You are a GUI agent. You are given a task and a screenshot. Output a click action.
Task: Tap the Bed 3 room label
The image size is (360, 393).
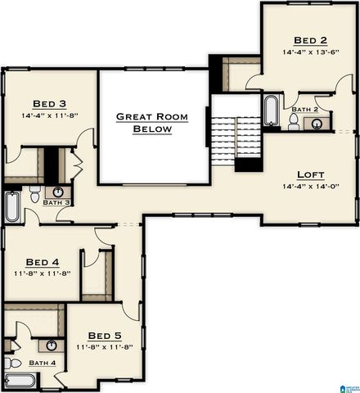pos(49,103)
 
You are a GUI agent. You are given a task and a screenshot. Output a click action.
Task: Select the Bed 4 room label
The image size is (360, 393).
pos(42,262)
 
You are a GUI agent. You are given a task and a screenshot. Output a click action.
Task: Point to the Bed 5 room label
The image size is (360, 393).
pos(104,335)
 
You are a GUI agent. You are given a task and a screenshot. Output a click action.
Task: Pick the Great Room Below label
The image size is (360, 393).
pos(151,123)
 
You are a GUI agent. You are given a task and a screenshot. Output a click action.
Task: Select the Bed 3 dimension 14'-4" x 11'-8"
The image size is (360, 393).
pos(49,115)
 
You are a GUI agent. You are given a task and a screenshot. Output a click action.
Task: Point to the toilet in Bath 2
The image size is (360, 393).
pos(293,123)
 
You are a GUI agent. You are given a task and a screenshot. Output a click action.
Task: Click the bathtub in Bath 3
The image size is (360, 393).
pos(12,208)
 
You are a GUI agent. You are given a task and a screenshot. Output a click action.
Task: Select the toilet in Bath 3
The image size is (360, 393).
pos(34,193)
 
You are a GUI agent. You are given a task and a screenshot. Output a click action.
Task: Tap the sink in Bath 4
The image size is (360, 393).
pos(51,345)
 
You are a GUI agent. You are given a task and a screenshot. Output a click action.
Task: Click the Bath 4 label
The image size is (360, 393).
pos(43,363)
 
